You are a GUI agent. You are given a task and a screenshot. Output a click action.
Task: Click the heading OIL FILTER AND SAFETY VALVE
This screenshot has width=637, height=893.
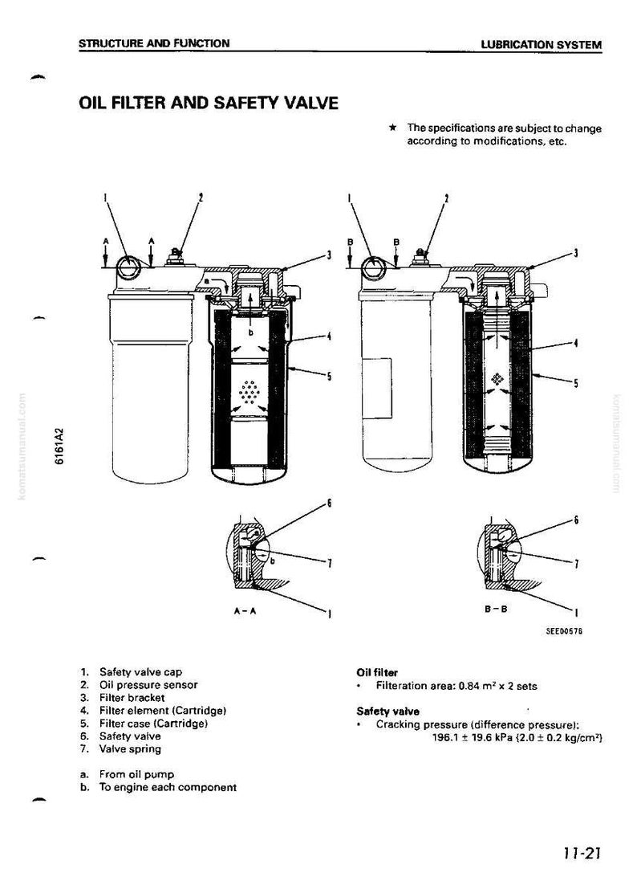[x=208, y=103]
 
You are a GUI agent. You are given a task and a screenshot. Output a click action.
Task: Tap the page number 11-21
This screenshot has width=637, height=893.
[x=582, y=853]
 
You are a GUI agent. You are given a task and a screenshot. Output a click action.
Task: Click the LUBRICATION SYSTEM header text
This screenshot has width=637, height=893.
[x=541, y=44]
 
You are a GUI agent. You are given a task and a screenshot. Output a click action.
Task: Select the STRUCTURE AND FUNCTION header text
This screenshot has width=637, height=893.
[x=154, y=43]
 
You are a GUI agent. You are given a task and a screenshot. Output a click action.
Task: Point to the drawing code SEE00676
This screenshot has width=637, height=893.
[x=564, y=631]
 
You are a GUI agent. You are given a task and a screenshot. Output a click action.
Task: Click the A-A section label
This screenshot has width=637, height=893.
[x=245, y=611]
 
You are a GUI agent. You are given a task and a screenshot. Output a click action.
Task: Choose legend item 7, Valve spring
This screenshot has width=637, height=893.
[x=120, y=749]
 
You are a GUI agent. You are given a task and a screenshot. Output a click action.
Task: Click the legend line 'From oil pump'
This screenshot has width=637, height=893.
[x=128, y=774]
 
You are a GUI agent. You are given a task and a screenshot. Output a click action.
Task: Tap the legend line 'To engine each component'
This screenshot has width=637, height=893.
[x=158, y=788]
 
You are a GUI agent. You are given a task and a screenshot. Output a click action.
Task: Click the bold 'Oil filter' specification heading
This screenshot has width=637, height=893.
[x=377, y=673]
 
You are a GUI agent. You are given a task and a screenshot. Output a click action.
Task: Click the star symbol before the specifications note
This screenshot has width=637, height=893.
[x=392, y=128]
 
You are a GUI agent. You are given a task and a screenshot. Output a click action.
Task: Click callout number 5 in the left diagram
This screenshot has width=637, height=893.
[x=328, y=376]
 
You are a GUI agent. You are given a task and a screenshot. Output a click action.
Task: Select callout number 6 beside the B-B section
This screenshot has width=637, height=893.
[x=576, y=520]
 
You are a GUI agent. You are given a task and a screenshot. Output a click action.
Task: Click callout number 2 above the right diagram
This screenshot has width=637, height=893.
[x=447, y=198]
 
